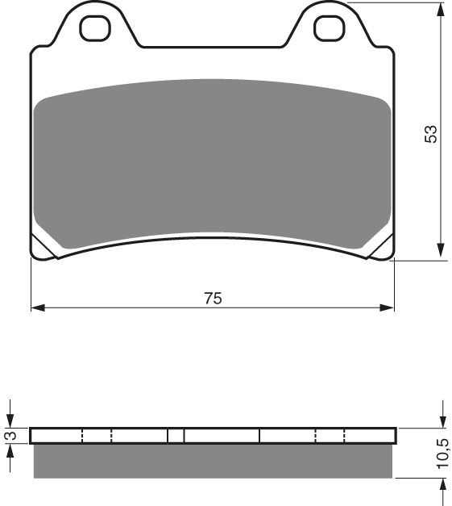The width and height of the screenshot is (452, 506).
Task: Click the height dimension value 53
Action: (432, 134)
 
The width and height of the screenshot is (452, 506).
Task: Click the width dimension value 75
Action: (212, 298)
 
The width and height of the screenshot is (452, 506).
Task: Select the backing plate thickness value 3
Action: (10, 436)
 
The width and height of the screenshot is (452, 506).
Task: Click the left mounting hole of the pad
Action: (94, 28)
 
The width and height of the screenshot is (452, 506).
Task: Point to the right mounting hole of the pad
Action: (328, 28)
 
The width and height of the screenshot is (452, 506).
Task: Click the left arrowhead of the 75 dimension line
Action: (37, 307)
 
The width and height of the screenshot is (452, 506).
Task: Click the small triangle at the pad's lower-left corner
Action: (42, 248)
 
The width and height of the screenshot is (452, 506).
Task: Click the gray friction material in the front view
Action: (213, 161)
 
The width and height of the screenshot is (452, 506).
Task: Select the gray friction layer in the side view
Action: (213, 461)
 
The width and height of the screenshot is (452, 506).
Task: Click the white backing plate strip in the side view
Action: (137, 436)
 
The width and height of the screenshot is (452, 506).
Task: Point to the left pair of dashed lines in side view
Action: (97, 436)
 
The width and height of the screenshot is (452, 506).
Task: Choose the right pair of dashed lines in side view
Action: (330, 436)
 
